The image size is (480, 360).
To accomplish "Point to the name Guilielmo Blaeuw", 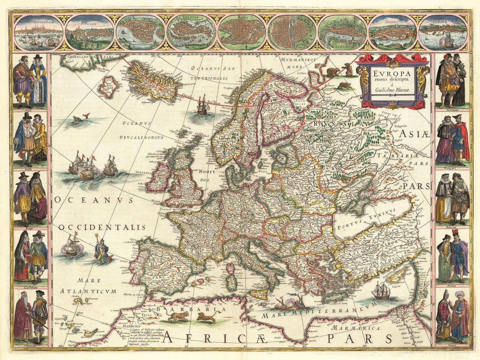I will tap(392, 90).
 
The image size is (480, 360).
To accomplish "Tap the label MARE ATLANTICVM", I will tap(88, 286).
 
